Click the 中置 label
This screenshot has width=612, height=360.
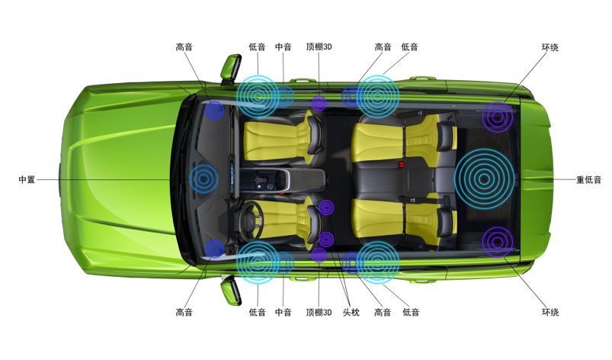pos(27,179)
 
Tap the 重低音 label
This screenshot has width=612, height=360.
pos(588,180)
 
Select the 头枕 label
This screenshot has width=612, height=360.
pos(351,313)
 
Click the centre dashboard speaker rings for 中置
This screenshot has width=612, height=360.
pos(203,178)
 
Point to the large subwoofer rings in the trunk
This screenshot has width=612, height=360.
pos(484,178)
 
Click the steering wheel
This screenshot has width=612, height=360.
pos(251,220)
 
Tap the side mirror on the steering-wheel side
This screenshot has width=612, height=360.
pos(230,291)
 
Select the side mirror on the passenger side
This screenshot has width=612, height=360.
pos(231,69)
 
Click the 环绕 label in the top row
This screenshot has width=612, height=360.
pos(550,47)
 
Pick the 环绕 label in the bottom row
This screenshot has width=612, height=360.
pos(550,313)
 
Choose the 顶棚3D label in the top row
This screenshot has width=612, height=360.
pos(319,47)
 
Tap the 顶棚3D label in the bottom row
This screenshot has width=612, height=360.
pos(319,313)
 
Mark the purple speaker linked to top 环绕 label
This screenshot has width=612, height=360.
pos(497,117)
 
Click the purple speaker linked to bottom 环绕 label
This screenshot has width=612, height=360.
pos(497,242)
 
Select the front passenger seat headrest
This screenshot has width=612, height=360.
pos(315,135)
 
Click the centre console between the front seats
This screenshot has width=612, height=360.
pos(283,179)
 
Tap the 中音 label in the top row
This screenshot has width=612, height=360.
pos(284,47)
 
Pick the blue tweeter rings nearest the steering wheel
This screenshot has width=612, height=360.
pos(214,249)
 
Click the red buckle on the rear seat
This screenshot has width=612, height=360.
pos(402,165)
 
